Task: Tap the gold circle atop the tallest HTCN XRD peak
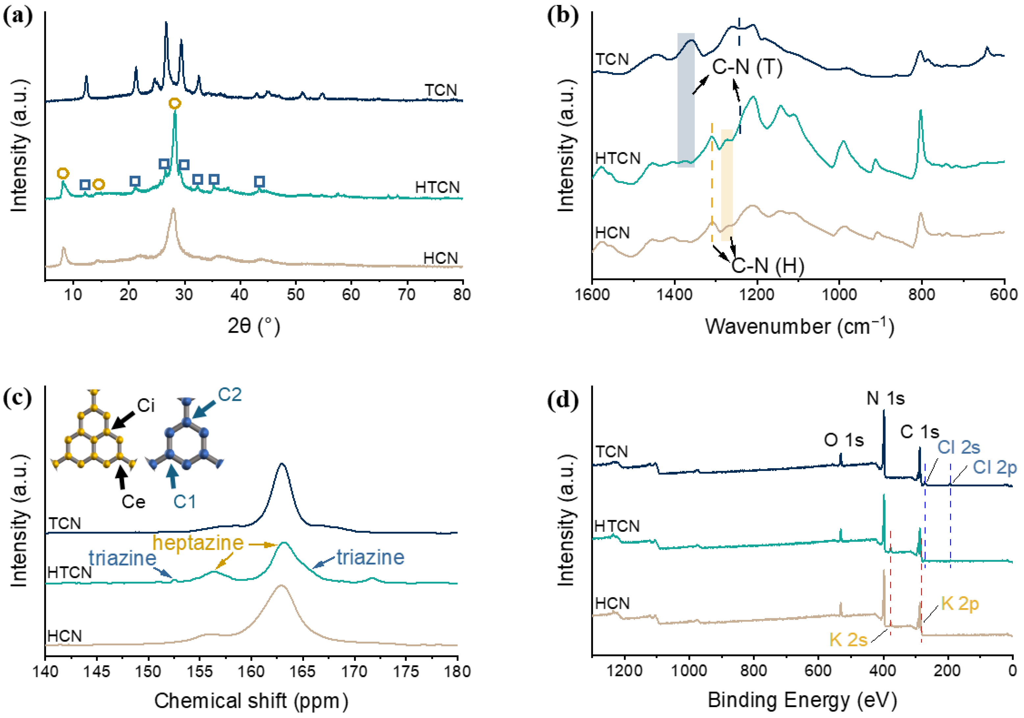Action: pyautogui.click(x=175, y=103)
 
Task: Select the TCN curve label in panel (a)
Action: pyautogui.click(x=441, y=90)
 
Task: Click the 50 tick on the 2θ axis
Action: pyautogui.click(x=295, y=294)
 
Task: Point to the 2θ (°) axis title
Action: pyautogui.click(x=254, y=326)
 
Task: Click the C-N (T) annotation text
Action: pyautogui.click(x=747, y=67)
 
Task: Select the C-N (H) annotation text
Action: pyautogui.click(x=768, y=266)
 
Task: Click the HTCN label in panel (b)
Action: pyautogui.click(x=618, y=158)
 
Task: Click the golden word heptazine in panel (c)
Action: pyautogui.click(x=198, y=543)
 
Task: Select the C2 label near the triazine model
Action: pyautogui.click(x=230, y=395)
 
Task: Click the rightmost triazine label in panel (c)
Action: pyautogui.click(x=370, y=557)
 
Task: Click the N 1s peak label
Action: pyautogui.click(x=885, y=398)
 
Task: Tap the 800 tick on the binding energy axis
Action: pyautogui.click(x=754, y=670)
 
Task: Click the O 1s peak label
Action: pyautogui.click(x=843, y=440)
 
